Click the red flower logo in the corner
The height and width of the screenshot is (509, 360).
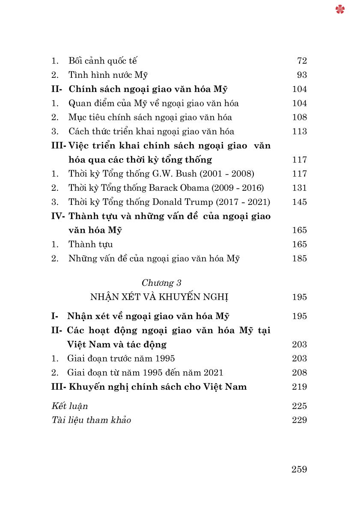tap(340, 9)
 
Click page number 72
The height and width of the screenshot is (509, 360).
tap(302, 61)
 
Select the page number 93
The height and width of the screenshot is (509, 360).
tap(302, 75)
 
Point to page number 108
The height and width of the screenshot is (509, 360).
tap(300, 117)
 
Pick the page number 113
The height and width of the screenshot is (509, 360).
tap(300, 131)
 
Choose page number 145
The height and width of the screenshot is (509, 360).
tap(300, 202)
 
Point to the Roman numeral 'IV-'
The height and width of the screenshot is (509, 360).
tap(58, 216)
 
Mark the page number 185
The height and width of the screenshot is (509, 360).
tap(300, 258)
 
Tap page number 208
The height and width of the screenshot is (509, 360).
tap(300, 373)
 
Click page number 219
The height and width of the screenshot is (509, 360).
tap(300, 387)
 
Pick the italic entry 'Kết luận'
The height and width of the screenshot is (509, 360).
tap(69, 406)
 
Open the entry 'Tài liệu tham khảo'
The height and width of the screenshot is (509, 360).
tap(91, 420)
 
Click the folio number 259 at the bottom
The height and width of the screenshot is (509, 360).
tap(299, 469)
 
